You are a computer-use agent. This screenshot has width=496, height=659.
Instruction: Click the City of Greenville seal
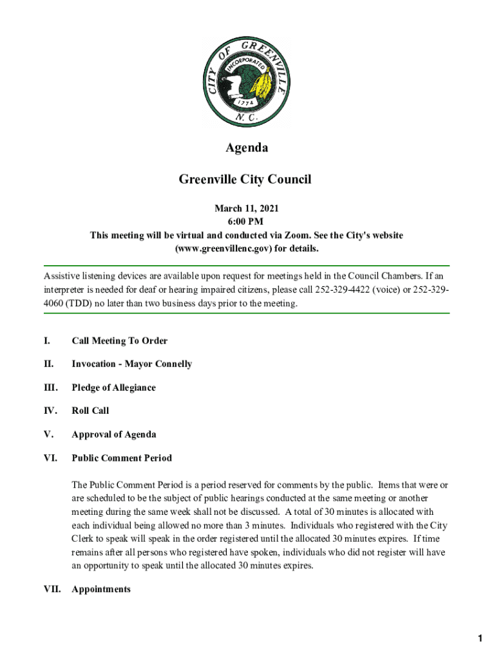point(247,81)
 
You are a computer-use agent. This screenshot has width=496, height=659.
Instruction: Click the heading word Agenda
point(247,148)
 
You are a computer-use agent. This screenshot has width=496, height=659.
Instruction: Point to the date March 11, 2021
point(247,209)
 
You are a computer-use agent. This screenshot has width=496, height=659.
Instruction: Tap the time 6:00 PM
point(247,222)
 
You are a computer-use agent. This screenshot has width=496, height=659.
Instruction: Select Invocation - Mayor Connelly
point(131,364)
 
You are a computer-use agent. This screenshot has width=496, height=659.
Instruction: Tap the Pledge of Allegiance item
point(113,388)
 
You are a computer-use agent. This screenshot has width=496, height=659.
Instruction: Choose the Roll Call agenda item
point(90,411)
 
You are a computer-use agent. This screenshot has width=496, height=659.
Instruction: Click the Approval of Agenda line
point(113,434)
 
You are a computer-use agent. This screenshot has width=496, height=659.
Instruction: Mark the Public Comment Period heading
point(122,458)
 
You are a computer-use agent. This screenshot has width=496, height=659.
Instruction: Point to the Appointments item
point(101,589)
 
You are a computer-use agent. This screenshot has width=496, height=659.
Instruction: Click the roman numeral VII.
point(52,589)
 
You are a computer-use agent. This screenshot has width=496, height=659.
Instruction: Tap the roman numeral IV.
point(50,411)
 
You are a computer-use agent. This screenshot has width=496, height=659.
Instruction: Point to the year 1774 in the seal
point(244,102)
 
